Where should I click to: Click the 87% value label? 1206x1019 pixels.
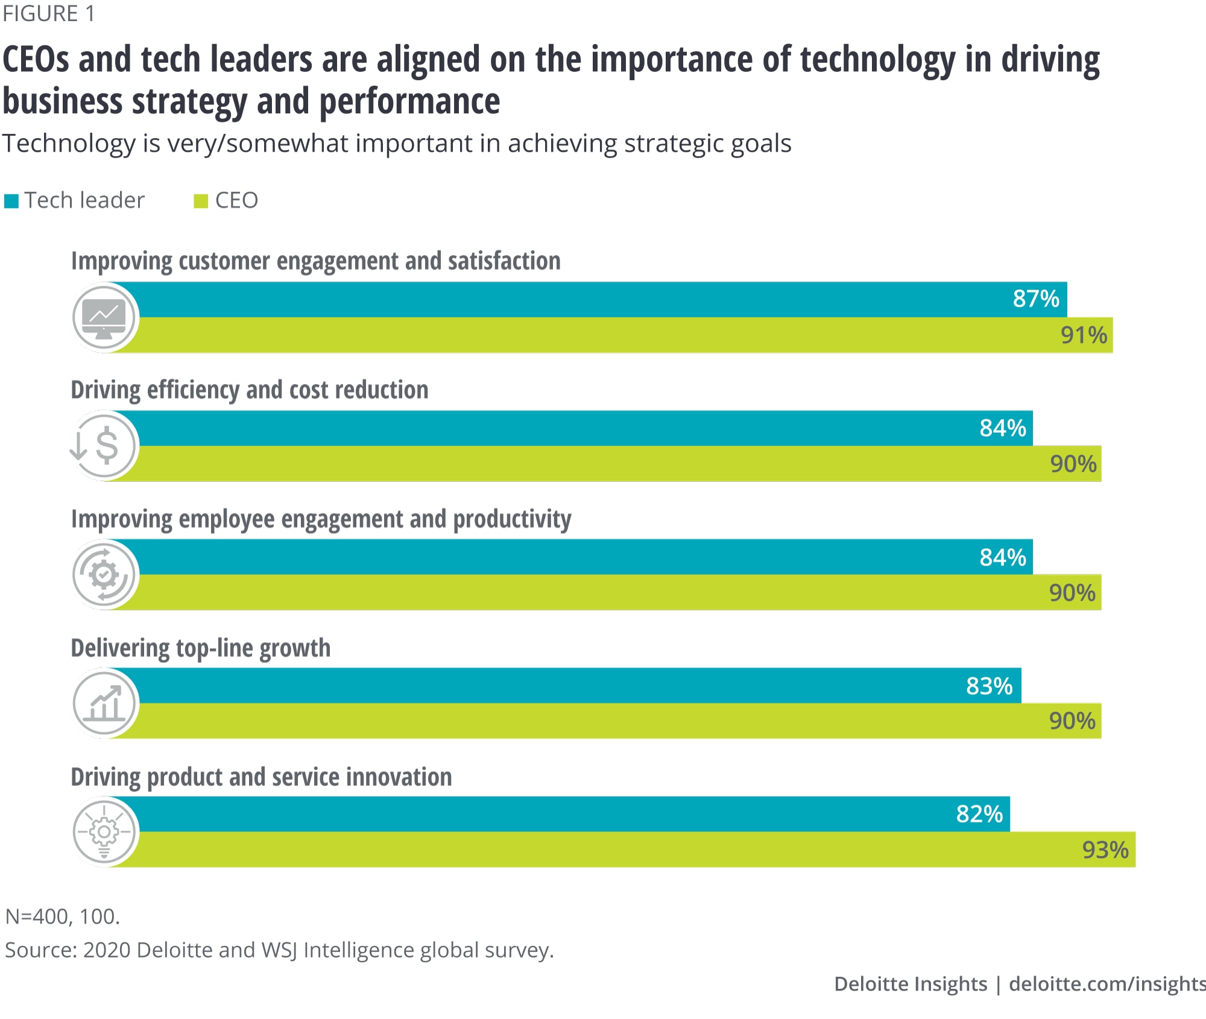click(x=1035, y=299)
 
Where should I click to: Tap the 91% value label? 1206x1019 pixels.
click(x=1084, y=335)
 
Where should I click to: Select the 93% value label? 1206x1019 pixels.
click(x=1105, y=850)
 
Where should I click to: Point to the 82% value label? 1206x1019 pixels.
click(x=979, y=814)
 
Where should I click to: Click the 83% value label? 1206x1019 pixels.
click(x=989, y=686)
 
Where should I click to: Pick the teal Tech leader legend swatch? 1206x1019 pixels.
click(x=11, y=201)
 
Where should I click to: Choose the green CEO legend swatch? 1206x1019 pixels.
click(x=201, y=201)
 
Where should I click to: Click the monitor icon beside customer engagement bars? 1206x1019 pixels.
click(x=104, y=317)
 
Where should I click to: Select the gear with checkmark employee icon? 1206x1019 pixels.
click(x=104, y=575)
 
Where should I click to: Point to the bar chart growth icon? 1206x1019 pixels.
click(x=104, y=703)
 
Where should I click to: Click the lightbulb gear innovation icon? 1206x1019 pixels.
click(x=104, y=832)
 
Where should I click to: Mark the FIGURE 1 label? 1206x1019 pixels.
click(x=48, y=14)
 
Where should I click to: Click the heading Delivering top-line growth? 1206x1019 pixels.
click(x=201, y=648)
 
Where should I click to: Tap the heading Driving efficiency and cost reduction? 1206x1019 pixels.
click(x=250, y=390)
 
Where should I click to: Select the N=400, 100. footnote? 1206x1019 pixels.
click(x=63, y=916)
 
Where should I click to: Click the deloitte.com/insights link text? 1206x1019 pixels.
click(x=1107, y=984)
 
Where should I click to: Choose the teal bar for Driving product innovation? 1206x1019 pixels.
click(x=543, y=814)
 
